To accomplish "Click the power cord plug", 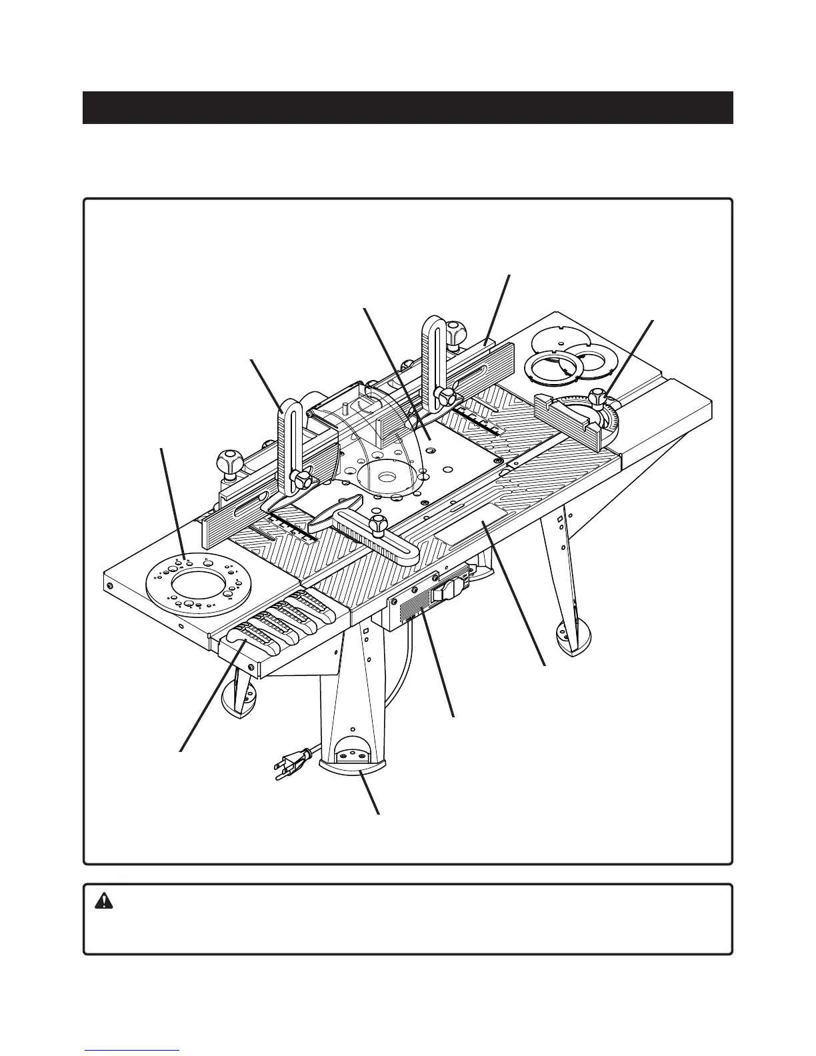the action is (287, 762).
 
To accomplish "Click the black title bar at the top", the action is (407, 107).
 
